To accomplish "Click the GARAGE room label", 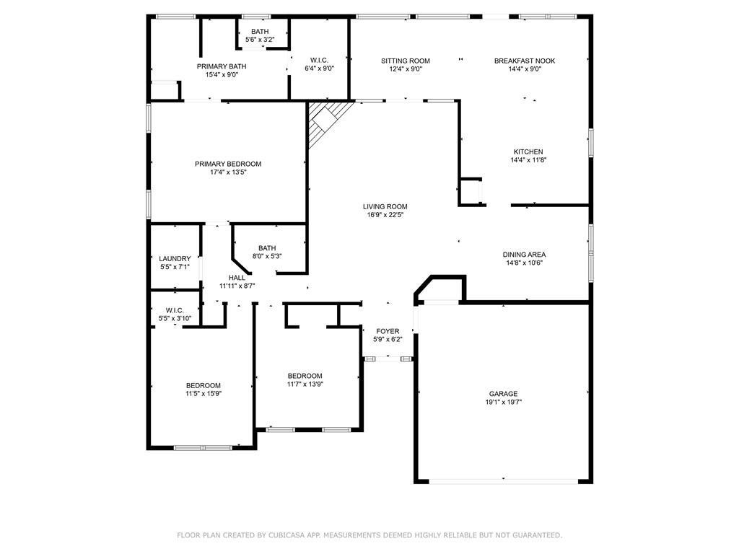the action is [503, 394].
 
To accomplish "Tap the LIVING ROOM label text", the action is [385, 206].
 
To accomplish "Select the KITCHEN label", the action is [528, 151].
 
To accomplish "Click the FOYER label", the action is [388, 331].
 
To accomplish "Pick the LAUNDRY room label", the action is [175, 259].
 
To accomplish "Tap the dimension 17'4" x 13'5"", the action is [228, 172].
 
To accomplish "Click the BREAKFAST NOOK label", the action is [525, 61].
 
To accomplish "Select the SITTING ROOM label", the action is [406, 61].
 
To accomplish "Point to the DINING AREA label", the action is [524, 255].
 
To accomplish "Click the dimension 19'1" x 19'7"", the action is [503, 403].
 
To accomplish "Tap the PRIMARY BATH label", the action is [222, 66].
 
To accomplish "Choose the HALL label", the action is [237, 278].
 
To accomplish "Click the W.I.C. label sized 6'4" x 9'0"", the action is [319, 61].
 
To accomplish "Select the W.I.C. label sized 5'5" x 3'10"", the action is [175, 310].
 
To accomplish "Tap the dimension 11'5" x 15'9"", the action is [204, 394].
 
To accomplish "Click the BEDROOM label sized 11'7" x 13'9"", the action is [305, 376].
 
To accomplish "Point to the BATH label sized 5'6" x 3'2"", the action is [260, 32].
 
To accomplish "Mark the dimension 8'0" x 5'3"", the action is [267, 257].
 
